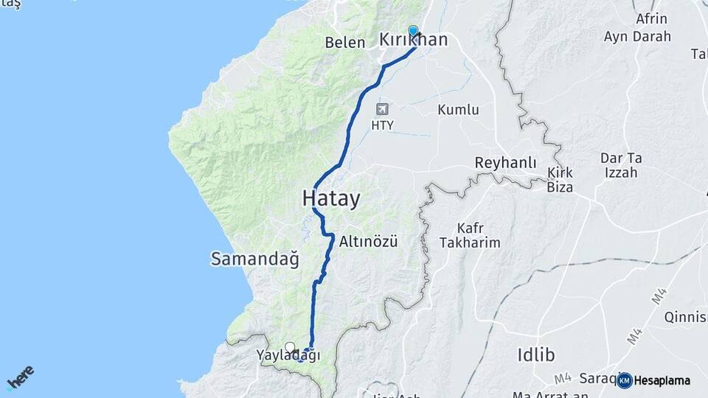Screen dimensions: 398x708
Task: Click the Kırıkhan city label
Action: pos(423,41)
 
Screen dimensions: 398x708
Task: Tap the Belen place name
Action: pos(345,42)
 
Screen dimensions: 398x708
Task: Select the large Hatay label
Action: pos(331,198)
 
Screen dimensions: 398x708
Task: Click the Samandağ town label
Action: pos(254,259)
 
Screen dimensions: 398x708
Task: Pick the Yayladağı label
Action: pos(288,355)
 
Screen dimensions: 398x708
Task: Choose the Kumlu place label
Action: pos(458,110)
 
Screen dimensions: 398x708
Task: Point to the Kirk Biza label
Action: pos(560,179)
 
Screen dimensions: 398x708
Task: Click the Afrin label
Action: pos(650,19)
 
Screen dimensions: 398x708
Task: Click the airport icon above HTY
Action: pos(382,110)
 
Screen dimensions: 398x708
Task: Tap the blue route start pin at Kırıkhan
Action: pos(413,32)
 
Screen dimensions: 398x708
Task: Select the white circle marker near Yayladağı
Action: pos(290,347)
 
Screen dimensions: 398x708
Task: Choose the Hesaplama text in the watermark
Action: pos(662,381)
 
